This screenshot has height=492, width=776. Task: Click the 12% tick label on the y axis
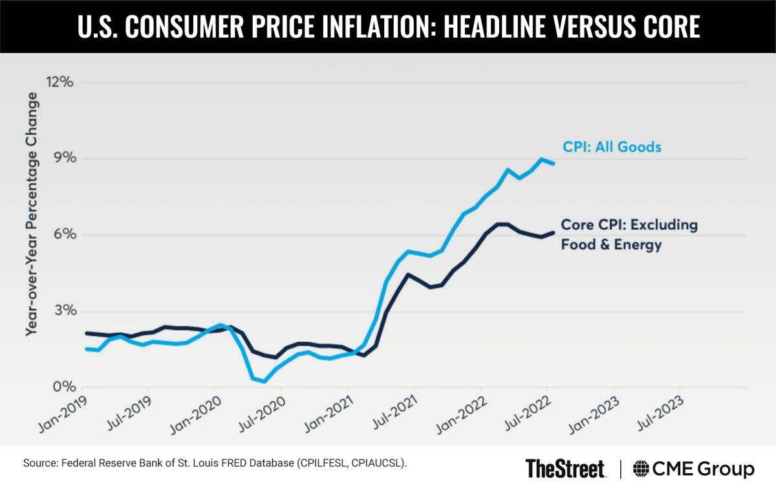tap(59, 82)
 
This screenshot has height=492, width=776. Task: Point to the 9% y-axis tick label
tap(62, 159)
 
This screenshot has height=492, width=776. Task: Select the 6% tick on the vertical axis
tap(62, 235)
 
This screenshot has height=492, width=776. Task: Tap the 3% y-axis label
tap(62, 311)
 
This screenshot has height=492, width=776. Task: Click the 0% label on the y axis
tap(62, 388)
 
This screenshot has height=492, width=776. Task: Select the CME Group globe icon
tap(642, 468)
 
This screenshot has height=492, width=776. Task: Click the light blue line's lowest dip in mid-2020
tap(264, 381)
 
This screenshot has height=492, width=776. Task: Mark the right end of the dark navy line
tap(554, 232)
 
